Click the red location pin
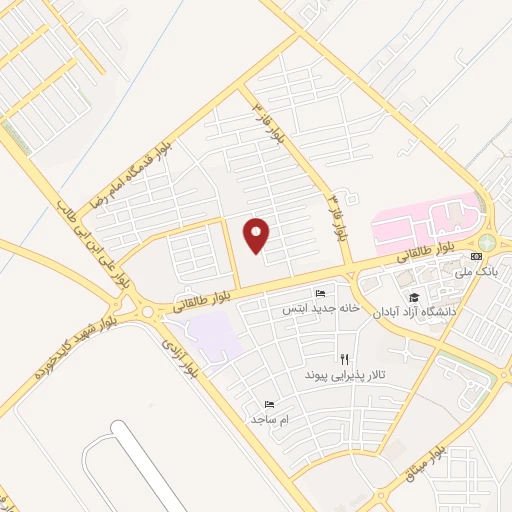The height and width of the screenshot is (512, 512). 258,235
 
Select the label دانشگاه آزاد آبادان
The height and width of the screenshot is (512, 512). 414,312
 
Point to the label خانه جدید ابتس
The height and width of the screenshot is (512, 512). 319,307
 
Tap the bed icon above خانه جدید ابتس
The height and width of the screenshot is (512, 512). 319,292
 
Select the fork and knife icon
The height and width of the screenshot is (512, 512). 344,358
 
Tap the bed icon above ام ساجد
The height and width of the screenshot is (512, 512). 269,404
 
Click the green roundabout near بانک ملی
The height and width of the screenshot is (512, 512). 487,242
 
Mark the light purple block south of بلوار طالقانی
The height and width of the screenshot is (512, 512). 214,335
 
